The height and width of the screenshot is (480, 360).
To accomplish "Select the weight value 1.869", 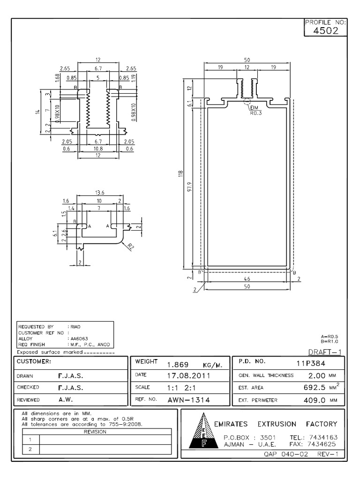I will coord(177,365).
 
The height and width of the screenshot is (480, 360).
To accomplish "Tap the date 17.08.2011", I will coord(188,375).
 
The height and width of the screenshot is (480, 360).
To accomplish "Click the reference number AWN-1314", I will coord(188,400).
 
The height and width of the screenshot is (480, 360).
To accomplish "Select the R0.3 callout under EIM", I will coord(255,113).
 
